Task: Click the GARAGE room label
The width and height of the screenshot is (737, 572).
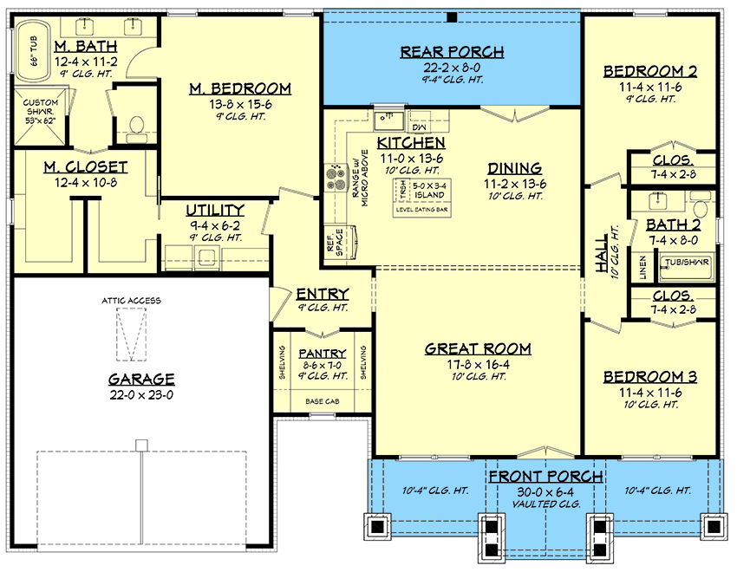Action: [x=141, y=380]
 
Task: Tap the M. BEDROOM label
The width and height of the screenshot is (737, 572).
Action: [x=240, y=88]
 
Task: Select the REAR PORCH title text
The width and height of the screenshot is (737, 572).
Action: [x=452, y=52]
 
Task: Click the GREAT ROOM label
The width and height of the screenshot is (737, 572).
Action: [x=478, y=349]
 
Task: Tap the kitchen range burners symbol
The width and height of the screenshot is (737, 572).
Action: [x=333, y=177]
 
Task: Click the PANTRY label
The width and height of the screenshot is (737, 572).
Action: [x=322, y=354]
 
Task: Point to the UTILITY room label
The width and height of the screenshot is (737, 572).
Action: [x=215, y=211]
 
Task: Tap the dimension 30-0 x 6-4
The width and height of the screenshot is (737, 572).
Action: [x=545, y=491]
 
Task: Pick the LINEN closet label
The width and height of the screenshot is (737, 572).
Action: [x=643, y=270]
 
